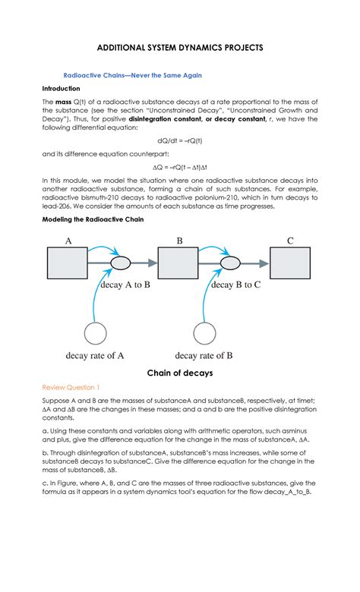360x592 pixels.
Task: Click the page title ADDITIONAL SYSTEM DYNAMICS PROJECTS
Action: click(x=180, y=47)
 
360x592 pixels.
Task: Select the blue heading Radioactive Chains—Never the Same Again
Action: click(x=132, y=76)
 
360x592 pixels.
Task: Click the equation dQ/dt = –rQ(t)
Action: click(x=179, y=140)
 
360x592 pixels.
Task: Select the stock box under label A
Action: click(x=69, y=263)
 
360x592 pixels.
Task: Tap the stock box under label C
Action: click(x=290, y=263)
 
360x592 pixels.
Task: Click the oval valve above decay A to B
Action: click(x=122, y=264)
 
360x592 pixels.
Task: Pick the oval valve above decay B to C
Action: click(x=232, y=264)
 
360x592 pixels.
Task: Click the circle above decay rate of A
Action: click(x=96, y=334)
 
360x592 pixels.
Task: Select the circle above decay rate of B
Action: click(x=207, y=334)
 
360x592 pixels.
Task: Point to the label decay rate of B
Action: click(x=204, y=355)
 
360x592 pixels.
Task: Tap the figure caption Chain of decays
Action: click(x=179, y=373)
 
